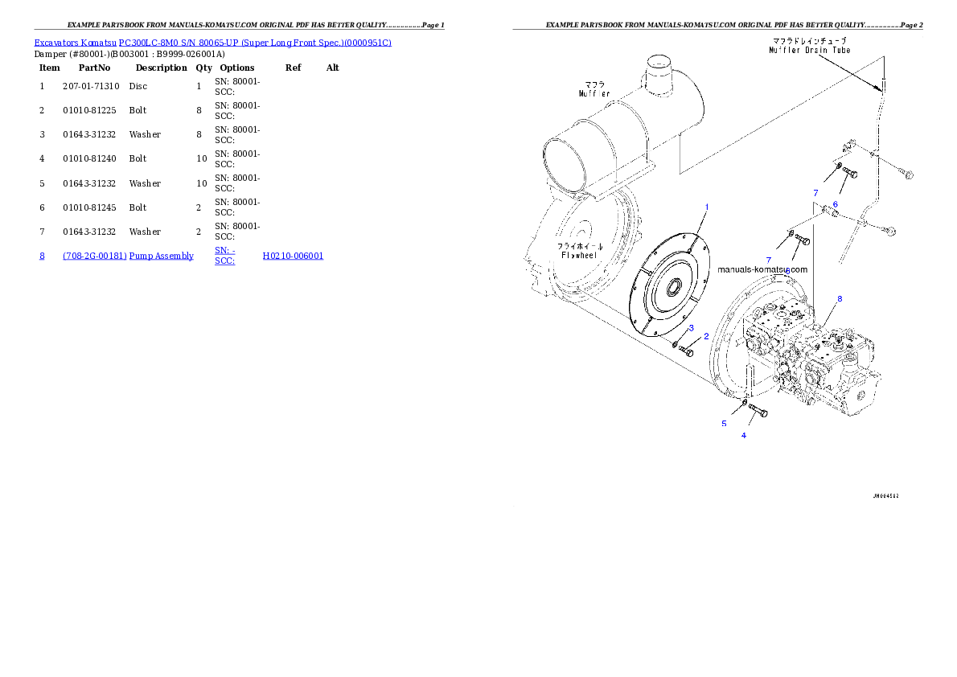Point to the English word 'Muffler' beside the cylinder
[594, 93]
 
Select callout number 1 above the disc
[707, 207]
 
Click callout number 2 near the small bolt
[706, 336]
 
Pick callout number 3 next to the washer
[691, 328]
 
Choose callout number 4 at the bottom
[743, 435]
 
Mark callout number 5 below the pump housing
[724, 423]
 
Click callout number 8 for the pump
[840, 299]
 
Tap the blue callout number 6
[835, 204]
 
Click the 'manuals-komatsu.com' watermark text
[762, 270]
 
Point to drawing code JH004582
[885, 496]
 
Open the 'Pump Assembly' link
[162, 256]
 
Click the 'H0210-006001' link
[293, 256]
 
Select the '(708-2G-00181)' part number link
[94, 256]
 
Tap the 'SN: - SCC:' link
[224, 256]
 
